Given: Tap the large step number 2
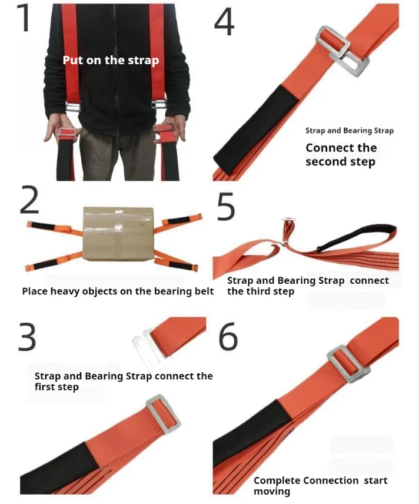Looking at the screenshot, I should point(29,201).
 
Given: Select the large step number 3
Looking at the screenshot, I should point(27,337).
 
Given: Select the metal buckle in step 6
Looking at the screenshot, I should point(347,363).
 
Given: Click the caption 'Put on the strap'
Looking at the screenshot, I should point(111,60).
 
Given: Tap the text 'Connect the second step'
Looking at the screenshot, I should point(341,154).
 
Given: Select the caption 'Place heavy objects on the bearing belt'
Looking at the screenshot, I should point(118,291).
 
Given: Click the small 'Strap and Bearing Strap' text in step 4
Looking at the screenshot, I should point(349,131).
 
